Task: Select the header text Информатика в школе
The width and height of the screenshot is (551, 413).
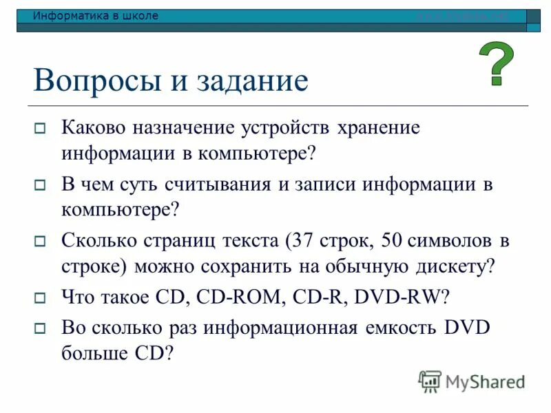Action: point(96,16)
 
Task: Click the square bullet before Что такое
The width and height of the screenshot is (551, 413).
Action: point(40,298)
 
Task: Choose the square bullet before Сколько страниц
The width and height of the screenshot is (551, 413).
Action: point(40,242)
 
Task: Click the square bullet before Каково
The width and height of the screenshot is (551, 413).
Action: point(40,129)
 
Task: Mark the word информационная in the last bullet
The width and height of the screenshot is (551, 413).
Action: point(275,327)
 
